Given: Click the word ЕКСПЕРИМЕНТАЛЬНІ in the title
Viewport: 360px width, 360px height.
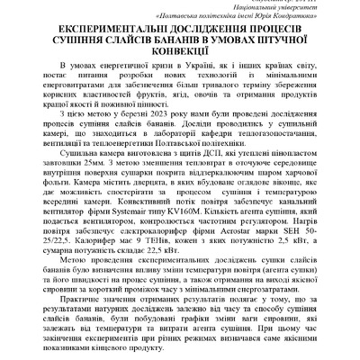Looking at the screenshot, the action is [x=86, y=30].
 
